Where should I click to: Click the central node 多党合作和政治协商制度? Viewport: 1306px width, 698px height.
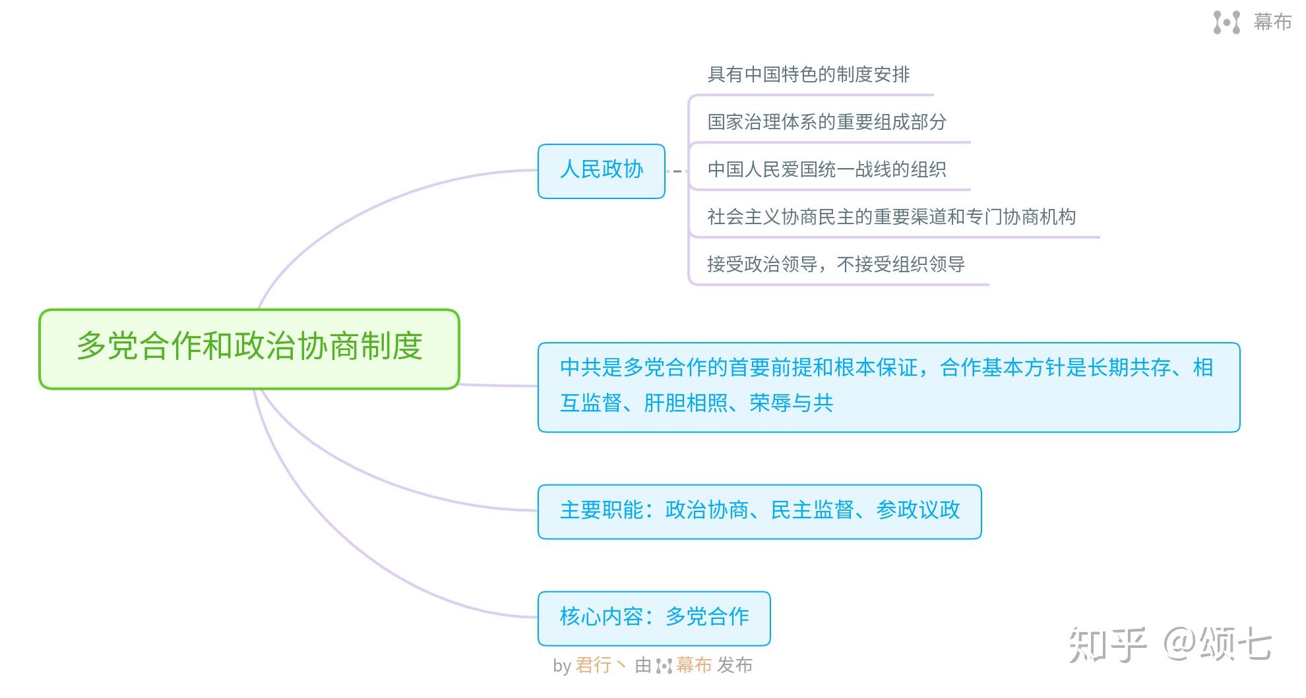coord(249,348)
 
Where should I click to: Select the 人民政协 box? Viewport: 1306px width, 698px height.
coord(601,171)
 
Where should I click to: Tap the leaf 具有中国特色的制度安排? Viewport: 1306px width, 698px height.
coord(808,74)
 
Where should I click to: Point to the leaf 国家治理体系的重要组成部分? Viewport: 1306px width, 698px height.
coord(826,122)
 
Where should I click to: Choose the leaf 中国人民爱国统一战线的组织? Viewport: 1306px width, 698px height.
coord(826,169)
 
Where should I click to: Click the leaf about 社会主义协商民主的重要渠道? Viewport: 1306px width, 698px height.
coord(891,217)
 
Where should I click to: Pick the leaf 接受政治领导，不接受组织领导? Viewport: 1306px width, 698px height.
coord(836,264)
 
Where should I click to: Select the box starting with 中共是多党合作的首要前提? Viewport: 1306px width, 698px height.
coord(888,387)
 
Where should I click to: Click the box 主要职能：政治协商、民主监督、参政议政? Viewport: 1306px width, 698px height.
coord(759,511)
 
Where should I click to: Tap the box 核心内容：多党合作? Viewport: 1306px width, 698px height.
coord(654,618)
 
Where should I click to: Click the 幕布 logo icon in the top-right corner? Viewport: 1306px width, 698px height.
coord(1226,22)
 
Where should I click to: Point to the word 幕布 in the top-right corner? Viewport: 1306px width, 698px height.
coord(1272,22)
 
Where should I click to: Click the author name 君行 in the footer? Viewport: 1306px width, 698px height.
coord(594,666)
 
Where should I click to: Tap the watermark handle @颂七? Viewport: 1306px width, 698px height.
coord(1217,645)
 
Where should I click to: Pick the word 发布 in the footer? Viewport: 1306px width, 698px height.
coord(735,666)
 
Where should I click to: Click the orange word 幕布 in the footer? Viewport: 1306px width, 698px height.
coord(694,666)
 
